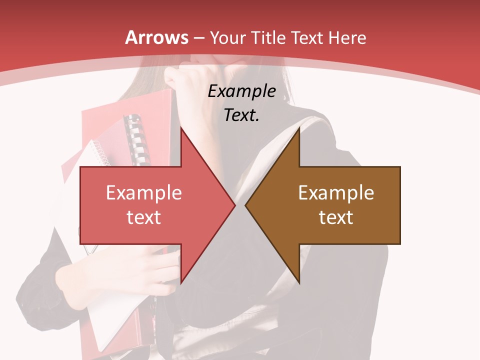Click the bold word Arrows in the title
[157, 37]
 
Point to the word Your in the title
[227, 37]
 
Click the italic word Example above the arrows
[242, 91]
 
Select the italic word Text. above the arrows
[242, 115]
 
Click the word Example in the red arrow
[144, 193]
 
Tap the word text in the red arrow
[144, 217]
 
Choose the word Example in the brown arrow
[336, 193]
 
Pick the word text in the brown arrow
[336, 217]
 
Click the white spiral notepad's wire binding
[101, 152]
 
